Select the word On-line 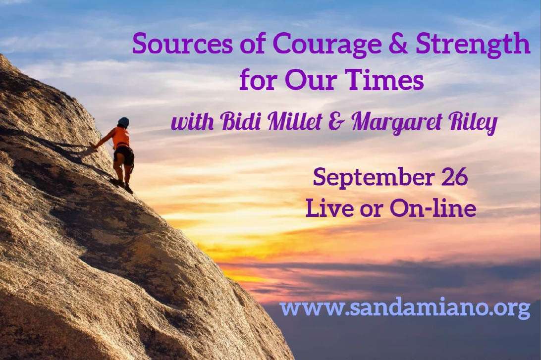tap(433, 208)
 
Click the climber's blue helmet tap(123, 122)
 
